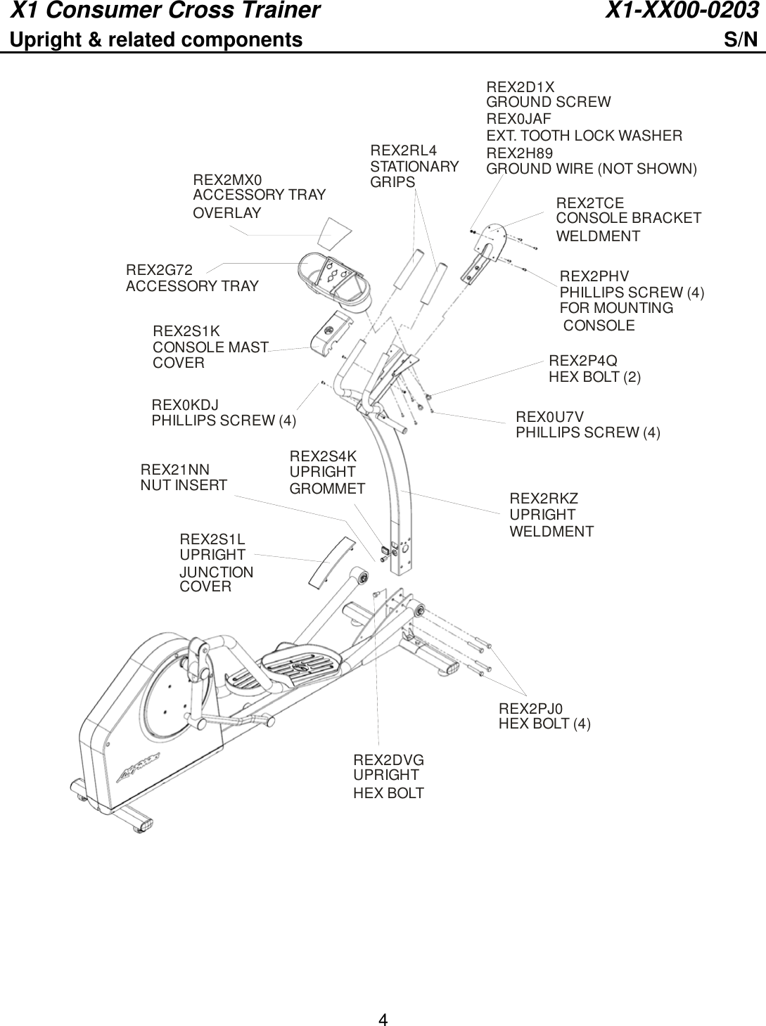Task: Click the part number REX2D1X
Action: pos(520,87)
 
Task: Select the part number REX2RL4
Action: pos(403,150)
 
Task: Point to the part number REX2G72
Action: pos(159,269)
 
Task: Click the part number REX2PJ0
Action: pos(531,708)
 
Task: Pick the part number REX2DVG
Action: pos(388,760)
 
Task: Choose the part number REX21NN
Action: pos(175,469)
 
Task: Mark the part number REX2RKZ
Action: pos(544,499)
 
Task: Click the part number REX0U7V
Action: pos(549,416)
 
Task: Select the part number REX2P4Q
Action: pos(582,361)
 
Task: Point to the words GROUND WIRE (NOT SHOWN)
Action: pos(592,169)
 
